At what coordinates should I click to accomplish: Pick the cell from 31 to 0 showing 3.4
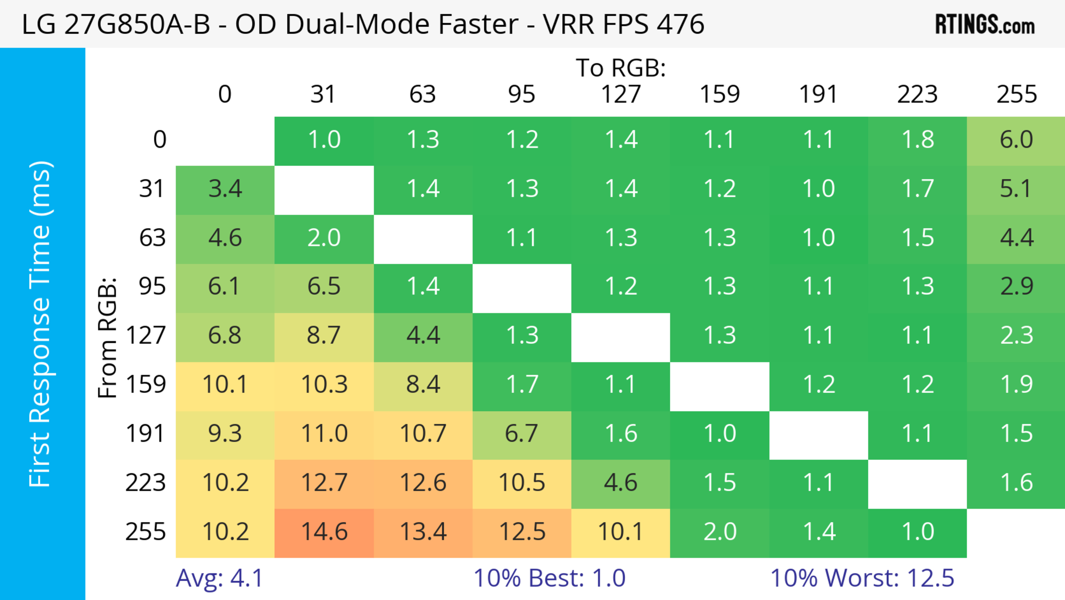(x=225, y=189)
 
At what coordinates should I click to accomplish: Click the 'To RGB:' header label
(x=621, y=68)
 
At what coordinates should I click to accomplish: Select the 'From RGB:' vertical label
(x=108, y=338)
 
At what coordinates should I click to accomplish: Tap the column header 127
(x=621, y=94)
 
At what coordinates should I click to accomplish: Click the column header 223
(x=917, y=94)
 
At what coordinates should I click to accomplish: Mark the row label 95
(x=152, y=286)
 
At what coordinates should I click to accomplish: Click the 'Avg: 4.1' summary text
(x=219, y=578)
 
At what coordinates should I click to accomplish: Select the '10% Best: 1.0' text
(x=549, y=578)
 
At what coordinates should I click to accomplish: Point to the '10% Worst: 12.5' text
(x=862, y=578)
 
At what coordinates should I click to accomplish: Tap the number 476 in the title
(x=680, y=24)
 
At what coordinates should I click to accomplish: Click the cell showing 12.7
(x=324, y=483)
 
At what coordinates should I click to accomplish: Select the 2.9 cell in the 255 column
(x=1016, y=286)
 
